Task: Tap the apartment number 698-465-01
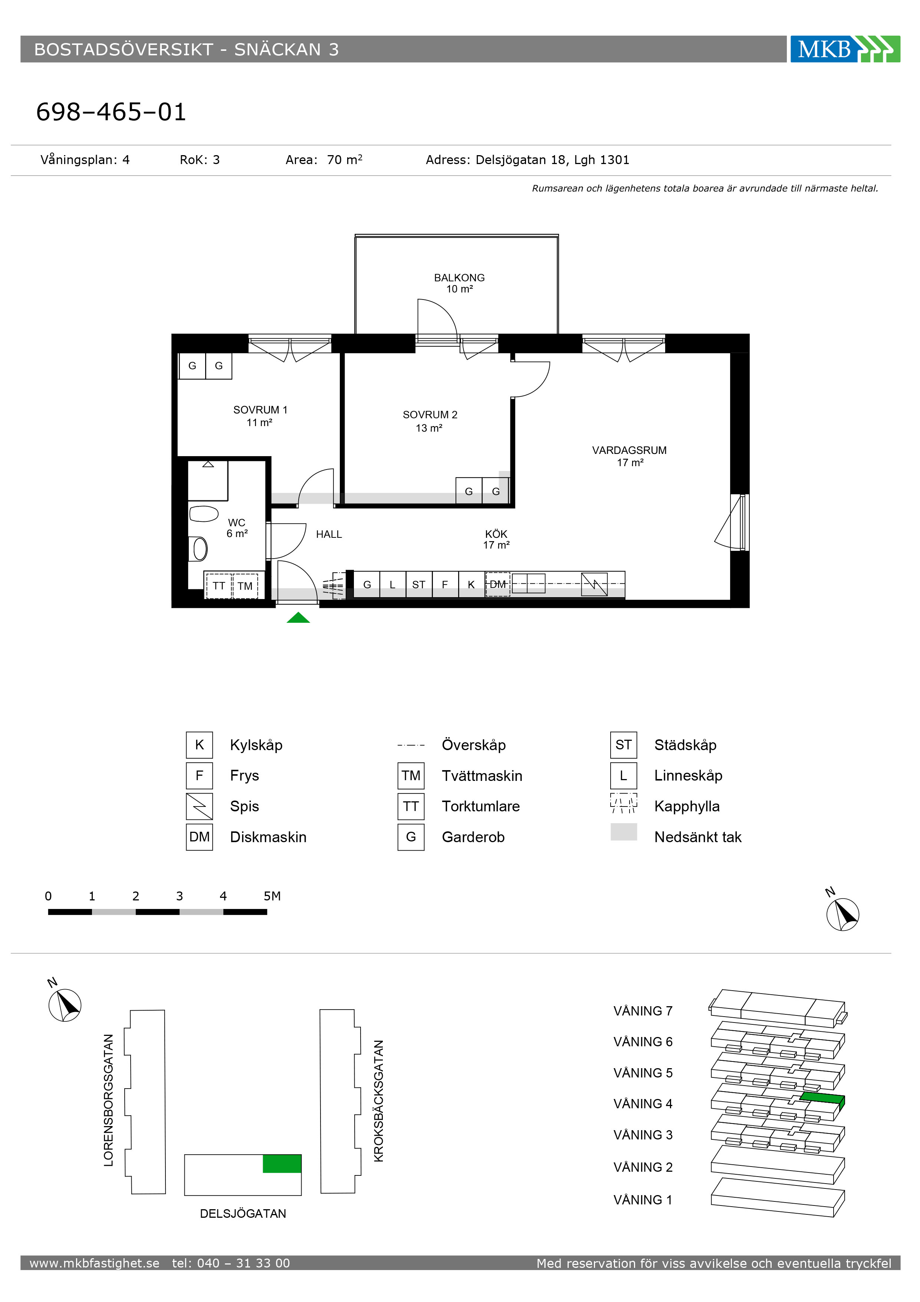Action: tap(111, 112)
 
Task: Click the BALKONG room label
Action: tap(459, 278)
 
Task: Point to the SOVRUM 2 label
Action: tap(430, 415)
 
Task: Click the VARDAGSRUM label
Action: tap(629, 450)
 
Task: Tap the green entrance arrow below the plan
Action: tap(298, 618)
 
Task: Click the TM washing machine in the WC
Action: tap(245, 586)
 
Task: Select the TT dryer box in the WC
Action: tap(219, 586)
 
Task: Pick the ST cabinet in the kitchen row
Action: tap(419, 584)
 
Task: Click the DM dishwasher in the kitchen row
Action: tap(498, 584)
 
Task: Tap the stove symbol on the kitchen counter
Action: tap(594, 584)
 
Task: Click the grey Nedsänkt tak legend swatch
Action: tap(624, 832)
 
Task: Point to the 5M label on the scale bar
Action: tap(272, 896)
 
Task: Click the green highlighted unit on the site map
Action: tap(282, 1164)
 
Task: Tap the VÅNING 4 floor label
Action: tap(643, 1103)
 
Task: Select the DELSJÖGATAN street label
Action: tap(243, 1214)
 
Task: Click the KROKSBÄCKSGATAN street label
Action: tap(379, 1101)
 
